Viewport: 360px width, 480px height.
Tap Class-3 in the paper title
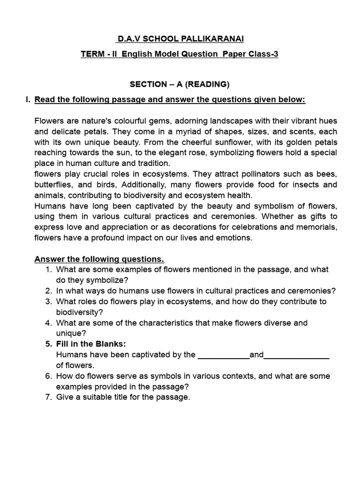(264, 54)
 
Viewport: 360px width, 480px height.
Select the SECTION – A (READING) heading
(180, 84)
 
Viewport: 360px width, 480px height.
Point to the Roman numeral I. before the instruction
(28, 99)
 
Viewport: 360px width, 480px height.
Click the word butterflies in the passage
(53, 184)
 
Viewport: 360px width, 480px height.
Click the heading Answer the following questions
(99, 259)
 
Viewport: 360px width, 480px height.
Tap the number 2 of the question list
(48, 291)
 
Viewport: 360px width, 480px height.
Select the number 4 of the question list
(48, 322)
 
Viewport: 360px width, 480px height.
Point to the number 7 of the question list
(48, 397)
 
